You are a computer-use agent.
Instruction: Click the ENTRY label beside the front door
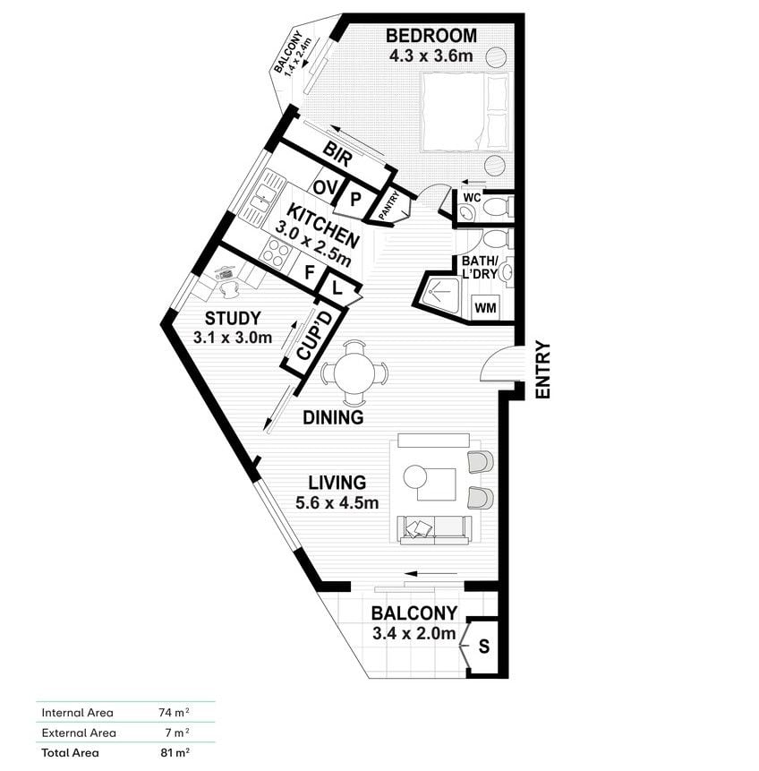click(542, 369)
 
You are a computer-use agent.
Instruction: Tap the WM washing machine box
click(485, 307)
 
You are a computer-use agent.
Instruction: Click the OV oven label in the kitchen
click(325, 187)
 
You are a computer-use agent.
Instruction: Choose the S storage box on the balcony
click(483, 647)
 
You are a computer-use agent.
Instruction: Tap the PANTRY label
click(389, 206)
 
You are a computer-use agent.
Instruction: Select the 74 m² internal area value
click(174, 712)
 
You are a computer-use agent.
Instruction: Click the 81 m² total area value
click(175, 752)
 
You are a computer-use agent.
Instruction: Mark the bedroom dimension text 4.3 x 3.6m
click(431, 56)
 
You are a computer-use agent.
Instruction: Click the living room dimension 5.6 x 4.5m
click(337, 503)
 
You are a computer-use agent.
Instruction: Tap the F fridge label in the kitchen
click(309, 272)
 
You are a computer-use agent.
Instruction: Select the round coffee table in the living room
click(415, 476)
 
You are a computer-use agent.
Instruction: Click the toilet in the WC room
click(499, 206)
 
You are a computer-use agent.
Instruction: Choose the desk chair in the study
click(228, 288)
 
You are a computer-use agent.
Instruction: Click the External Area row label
click(79, 732)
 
